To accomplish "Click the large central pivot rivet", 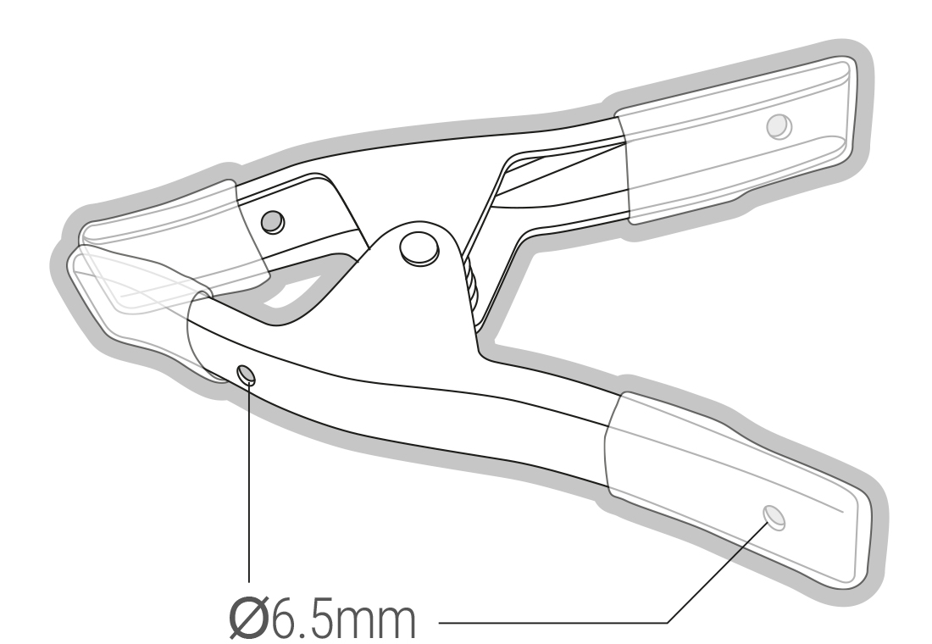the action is (x=419, y=248).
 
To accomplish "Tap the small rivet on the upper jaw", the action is (x=273, y=222).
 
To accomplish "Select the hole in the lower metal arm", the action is (x=247, y=375).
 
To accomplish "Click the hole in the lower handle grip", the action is (x=774, y=517).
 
